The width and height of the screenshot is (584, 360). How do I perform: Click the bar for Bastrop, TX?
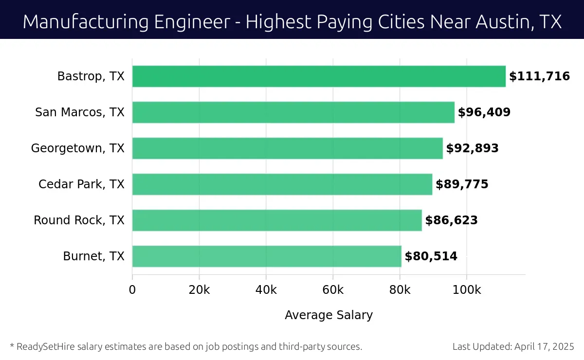(319, 76)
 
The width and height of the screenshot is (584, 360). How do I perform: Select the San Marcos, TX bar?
(293, 112)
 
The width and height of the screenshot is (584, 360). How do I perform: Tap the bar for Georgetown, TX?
(288, 148)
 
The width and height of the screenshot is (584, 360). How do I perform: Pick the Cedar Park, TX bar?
(282, 184)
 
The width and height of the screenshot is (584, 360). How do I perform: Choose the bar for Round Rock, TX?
(277, 220)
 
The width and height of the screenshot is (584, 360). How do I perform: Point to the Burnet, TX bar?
(267, 256)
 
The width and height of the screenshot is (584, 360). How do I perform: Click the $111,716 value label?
(539, 76)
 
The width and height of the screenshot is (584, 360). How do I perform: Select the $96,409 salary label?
(484, 112)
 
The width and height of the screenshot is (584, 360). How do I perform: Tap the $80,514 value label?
(431, 256)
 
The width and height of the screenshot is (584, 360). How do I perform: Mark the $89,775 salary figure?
(462, 184)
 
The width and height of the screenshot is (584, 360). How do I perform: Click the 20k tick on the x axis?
(199, 290)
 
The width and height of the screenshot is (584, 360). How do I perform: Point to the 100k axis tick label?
(467, 290)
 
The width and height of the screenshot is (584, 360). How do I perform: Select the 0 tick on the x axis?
(132, 290)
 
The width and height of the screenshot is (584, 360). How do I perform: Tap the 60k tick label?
(333, 290)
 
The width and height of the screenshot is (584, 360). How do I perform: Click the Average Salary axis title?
(328, 315)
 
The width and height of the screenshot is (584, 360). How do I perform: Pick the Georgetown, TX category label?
(78, 148)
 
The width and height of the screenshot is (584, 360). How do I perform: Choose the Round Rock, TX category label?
(79, 220)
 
